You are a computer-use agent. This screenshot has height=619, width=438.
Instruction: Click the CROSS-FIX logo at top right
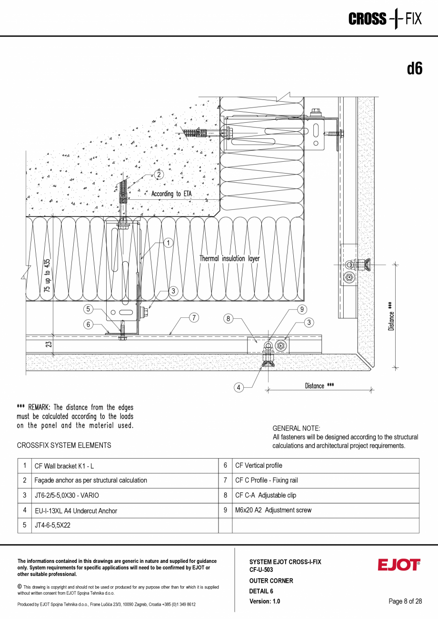pyautogui.click(x=385, y=19)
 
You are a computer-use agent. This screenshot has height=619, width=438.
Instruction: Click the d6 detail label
pyautogui.click(x=415, y=69)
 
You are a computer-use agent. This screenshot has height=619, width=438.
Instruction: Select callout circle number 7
pyautogui.click(x=194, y=318)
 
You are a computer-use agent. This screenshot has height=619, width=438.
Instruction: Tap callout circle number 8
pyautogui.click(x=229, y=318)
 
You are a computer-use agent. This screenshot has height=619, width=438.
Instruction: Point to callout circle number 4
pyautogui.click(x=239, y=387)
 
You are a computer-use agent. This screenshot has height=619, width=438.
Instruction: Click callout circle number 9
pyautogui.click(x=302, y=309)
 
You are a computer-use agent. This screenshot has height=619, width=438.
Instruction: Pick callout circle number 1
pyautogui.click(x=168, y=243)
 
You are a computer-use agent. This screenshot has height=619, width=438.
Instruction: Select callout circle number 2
pyautogui.click(x=159, y=175)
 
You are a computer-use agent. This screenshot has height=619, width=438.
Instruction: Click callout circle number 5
pyautogui.click(x=89, y=309)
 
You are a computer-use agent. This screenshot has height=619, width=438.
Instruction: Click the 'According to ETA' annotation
pyautogui.click(x=171, y=194)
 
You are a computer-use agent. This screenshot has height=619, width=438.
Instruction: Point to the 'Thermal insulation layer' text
pyautogui.click(x=229, y=258)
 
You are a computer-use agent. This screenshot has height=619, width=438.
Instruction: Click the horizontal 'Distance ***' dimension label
pyautogui.click(x=319, y=385)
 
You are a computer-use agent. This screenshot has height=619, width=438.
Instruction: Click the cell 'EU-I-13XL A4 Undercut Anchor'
pyautogui.click(x=75, y=511)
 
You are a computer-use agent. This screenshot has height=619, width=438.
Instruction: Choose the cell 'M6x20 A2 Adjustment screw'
pyautogui.click(x=273, y=510)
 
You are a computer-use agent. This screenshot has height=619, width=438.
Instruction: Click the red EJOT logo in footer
pyautogui.click(x=399, y=565)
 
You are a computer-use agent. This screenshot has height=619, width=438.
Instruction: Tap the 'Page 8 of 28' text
pyautogui.click(x=405, y=601)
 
